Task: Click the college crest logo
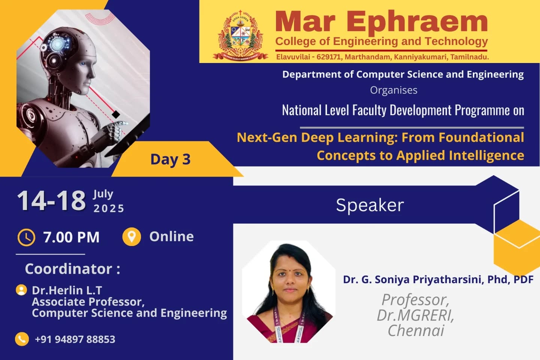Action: click(x=240, y=36)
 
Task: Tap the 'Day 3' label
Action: click(x=170, y=159)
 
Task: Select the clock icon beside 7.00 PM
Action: click(x=26, y=237)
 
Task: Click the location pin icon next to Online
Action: click(x=132, y=237)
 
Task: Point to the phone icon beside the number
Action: click(x=22, y=339)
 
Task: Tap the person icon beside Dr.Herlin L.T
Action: click(x=21, y=290)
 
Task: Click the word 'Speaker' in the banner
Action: click(x=370, y=205)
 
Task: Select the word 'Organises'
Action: click(x=394, y=90)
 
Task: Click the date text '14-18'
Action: click(x=52, y=201)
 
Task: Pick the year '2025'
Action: click(x=109, y=208)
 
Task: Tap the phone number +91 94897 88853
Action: click(x=75, y=339)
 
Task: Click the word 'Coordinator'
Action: click(x=69, y=268)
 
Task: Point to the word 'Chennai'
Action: click(x=416, y=330)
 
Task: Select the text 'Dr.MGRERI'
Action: click(x=415, y=315)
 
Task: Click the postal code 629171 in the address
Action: click(x=328, y=57)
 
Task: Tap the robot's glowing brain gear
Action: click(x=57, y=44)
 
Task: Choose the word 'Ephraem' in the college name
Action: click(x=417, y=22)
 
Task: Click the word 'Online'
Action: click(x=171, y=237)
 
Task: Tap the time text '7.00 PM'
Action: click(x=71, y=237)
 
